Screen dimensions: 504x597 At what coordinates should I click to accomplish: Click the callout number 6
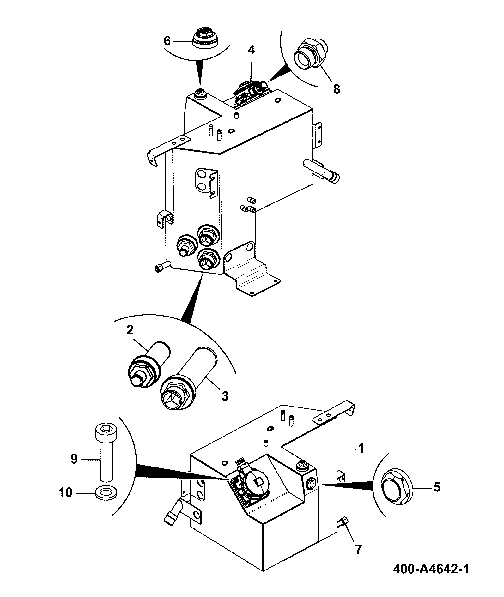click(x=167, y=41)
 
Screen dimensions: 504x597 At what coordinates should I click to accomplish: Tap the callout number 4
click(x=251, y=50)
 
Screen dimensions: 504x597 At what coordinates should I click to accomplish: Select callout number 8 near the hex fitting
click(x=337, y=89)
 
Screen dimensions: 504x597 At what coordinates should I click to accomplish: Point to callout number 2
click(x=130, y=330)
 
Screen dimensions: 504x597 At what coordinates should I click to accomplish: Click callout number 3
click(x=225, y=396)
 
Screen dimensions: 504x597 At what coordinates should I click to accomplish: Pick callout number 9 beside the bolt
click(x=74, y=459)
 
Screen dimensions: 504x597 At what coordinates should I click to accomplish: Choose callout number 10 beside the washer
click(x=66, y=492)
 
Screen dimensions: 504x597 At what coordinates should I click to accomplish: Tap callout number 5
click(x=437, y=487)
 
